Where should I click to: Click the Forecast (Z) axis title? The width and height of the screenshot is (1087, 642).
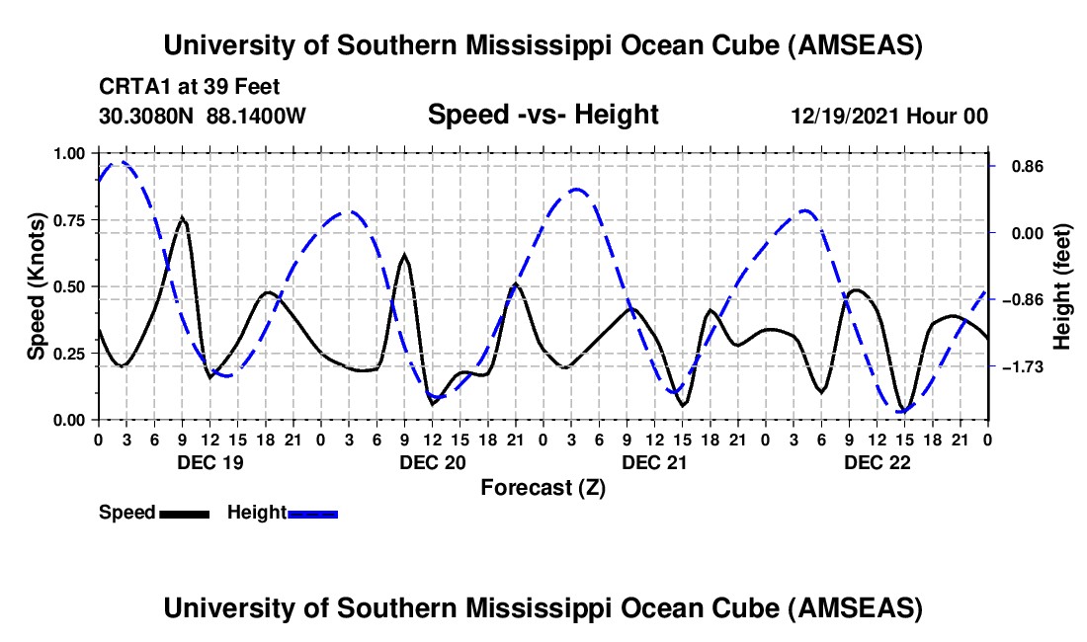point(543,487)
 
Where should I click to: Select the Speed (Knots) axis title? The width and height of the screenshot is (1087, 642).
point(36,285)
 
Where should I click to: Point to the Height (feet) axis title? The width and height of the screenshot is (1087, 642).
point(1062,286)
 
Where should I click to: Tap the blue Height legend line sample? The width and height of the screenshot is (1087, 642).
point(313,514)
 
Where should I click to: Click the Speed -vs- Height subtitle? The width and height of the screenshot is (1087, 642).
point(543,115)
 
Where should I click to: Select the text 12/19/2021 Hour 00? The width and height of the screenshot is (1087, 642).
point(889,117)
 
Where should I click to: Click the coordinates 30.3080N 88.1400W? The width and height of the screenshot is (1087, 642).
point(203,117)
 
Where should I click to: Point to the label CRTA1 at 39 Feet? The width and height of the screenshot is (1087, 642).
point(189,87)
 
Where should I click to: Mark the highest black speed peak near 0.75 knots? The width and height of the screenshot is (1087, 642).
point(182,218)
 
